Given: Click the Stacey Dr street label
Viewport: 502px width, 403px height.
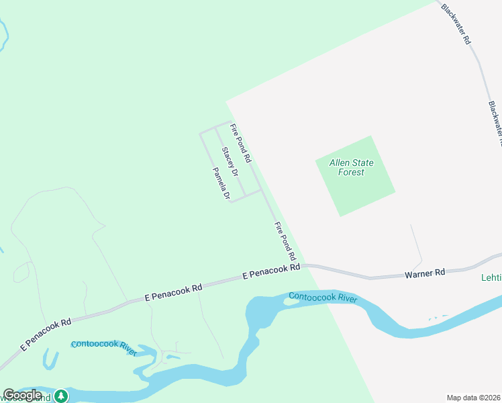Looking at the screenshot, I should (230, 163).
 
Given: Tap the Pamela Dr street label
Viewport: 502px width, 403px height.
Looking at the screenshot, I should (221, 183).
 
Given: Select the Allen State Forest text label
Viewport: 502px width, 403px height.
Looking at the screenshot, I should (351, 167).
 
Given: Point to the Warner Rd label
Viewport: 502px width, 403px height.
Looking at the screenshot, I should (425, 273).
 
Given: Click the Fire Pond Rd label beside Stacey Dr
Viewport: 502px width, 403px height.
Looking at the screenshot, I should (240, 144).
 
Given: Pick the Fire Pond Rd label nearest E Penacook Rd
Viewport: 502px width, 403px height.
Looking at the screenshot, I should (285, 241).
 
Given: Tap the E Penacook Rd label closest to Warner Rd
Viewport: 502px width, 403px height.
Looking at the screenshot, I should (270, 272).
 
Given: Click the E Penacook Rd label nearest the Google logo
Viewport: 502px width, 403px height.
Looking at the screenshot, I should (46, 333).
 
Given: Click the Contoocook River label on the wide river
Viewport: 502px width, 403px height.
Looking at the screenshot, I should (323, 297).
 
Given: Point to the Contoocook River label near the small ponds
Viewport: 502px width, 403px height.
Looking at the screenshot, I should (104, 347).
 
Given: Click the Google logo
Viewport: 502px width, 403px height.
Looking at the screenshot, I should (23, 395).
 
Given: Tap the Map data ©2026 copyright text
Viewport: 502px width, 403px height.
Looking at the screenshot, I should (473, 398).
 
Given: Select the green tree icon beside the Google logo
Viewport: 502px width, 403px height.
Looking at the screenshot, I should (62, 396).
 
